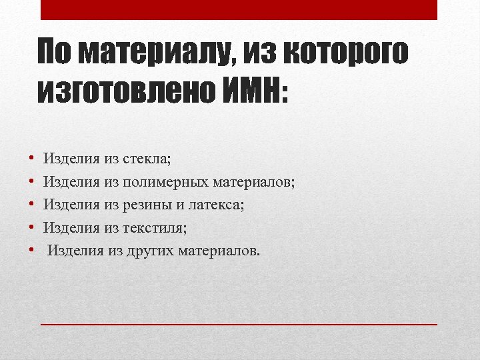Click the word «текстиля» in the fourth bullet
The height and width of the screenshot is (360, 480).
155,228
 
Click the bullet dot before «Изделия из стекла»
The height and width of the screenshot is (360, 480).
31,159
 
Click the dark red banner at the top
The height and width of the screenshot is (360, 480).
239,10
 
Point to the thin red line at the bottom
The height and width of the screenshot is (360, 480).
239,323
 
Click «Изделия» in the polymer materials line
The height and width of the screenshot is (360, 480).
71,181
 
